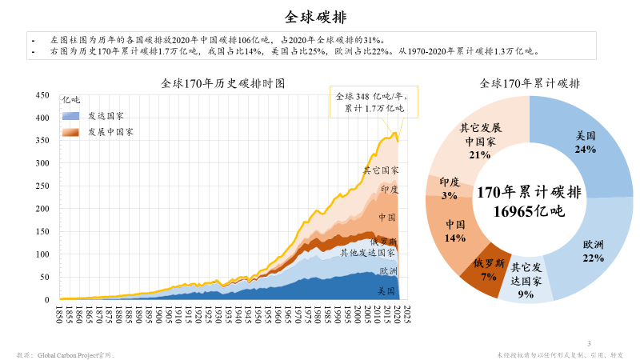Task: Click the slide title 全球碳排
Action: coord(319,16)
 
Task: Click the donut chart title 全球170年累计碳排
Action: coord(530,83)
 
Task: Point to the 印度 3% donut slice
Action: coord(450,189)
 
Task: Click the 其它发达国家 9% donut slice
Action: coord(526,280)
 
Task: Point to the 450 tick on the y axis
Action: coord(43,95)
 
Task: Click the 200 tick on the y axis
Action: coord(43,209)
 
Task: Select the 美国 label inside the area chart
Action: coord(387,290)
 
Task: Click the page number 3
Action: coord(589,344)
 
